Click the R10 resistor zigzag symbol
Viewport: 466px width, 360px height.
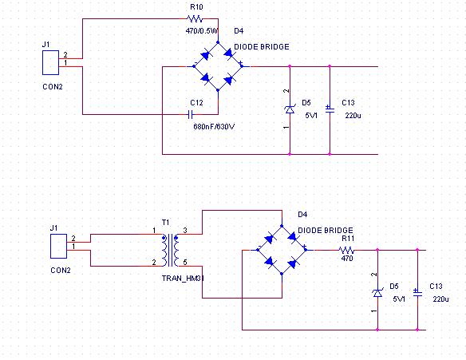195,19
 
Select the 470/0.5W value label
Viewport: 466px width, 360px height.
202,30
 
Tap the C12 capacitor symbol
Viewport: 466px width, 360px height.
191,114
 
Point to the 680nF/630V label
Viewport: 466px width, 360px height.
214,127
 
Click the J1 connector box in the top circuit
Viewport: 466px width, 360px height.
50,62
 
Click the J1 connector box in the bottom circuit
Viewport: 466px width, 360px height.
58,246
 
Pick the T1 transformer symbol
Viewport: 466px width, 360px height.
170,250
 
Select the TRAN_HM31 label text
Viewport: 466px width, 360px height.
183,279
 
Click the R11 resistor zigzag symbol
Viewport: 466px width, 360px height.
346,250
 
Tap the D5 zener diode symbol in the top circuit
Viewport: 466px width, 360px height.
290,109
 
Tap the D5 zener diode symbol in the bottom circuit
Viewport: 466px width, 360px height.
377,293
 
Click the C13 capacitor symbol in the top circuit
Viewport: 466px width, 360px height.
330,109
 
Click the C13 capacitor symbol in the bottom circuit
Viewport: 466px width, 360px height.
417,293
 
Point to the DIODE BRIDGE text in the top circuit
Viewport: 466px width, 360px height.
262,46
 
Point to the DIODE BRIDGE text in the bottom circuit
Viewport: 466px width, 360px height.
326,231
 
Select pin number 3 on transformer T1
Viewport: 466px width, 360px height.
185,231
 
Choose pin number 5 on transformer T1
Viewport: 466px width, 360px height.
185,262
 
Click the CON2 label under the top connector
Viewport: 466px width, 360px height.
53,86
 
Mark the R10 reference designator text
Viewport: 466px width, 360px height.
196,7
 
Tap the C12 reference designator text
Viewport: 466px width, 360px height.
196,102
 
